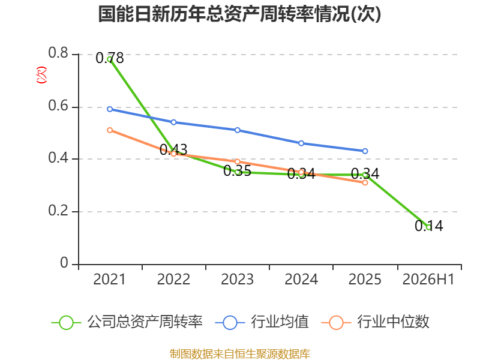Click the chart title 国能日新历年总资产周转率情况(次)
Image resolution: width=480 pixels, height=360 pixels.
(x=239, y=14)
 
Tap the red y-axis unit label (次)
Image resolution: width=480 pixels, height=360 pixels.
(x=41, y=75)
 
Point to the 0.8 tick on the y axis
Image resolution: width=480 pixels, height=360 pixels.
(x=58, y=53)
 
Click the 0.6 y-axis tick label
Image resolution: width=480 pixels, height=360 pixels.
(x=58, y=106)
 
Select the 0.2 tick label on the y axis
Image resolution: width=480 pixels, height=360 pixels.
(x=58, y=211)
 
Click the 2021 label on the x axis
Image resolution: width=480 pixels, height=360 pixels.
(x=110, y=279)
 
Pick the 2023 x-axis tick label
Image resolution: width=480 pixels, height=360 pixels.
(x=237, y=279)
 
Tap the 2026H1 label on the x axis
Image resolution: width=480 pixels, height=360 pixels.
(x=428, y=279)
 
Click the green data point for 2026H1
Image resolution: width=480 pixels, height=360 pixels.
(x=429, y=227)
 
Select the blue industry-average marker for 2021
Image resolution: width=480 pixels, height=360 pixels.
(x=110, y=109)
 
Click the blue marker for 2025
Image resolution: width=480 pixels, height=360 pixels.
(x=365, y=151)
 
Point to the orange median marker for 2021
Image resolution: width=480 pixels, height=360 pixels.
(x=110, y=130)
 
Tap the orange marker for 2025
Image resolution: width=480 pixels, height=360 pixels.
(x=365, y=183)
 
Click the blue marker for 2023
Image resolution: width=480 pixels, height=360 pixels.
(x=237, y=130)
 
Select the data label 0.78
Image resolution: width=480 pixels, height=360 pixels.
(x=110, y=58)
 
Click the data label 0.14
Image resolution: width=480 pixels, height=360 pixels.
(x=429, y=226)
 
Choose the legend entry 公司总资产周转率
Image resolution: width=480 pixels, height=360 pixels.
(x=127, y=322)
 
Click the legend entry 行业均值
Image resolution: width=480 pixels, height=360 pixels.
(x=262, y=322)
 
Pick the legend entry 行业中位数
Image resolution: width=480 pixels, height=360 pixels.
(x=376, y=322)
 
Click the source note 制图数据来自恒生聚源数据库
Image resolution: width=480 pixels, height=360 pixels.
(x=240, y=354)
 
